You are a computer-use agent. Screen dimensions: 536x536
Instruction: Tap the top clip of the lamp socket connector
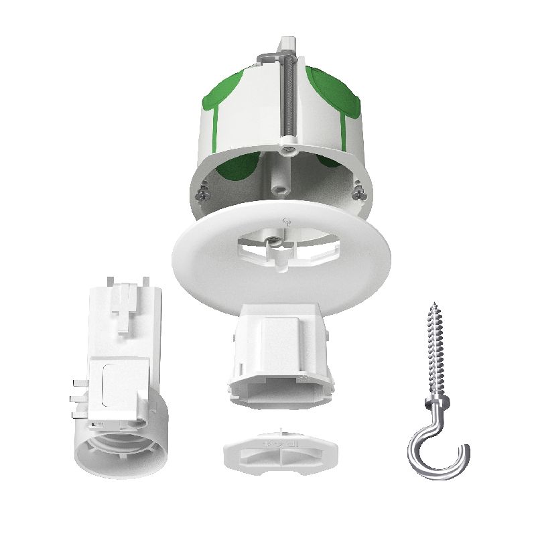click(123, 295)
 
